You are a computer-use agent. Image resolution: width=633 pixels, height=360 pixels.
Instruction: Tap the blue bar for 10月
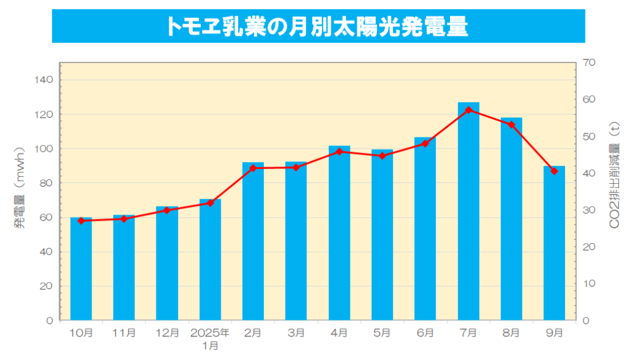pos(81,269)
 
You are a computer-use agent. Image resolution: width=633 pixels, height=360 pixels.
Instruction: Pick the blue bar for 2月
pos(253,241)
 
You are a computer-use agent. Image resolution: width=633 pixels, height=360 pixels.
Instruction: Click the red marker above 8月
pos(511,124)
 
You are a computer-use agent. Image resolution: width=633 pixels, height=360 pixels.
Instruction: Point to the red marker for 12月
pos(167,210)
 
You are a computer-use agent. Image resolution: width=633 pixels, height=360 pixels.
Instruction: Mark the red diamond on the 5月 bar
pos(382,156)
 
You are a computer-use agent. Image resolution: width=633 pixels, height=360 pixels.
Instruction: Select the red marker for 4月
pos(339,152)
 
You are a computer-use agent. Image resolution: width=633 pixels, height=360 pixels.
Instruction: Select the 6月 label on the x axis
pos(425,333)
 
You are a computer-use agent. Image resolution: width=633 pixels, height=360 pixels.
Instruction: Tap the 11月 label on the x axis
pos(124,333)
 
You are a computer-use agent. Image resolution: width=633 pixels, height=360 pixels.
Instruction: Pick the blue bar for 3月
pos(296,241)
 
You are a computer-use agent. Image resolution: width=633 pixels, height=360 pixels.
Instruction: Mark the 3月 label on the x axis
pos(296,333)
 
